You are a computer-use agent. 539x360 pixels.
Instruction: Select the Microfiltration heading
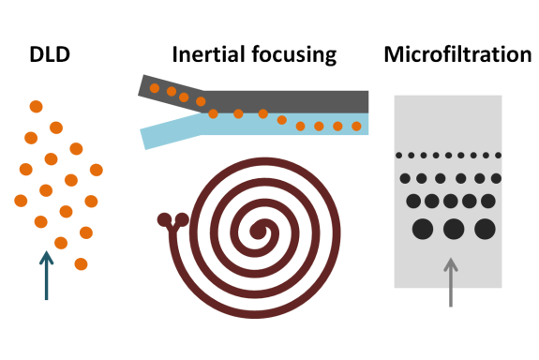point(457,55)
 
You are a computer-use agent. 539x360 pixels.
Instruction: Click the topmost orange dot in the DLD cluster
point(36,106)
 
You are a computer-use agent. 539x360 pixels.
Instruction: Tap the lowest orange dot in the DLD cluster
point(81,263)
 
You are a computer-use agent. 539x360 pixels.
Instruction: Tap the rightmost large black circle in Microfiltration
point(485,228)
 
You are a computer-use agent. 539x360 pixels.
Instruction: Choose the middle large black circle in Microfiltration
point(454,228)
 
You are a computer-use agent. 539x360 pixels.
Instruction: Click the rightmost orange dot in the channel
point(356,126)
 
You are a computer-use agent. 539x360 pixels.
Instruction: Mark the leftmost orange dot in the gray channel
point(155,87)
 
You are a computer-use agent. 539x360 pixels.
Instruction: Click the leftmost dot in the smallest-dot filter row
point(399,155)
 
